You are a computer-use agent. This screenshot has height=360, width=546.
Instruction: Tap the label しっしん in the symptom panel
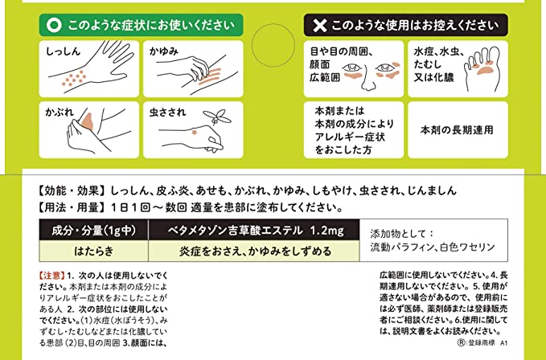(64, 51)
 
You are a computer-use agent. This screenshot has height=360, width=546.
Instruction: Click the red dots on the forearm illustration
(75, 79)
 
